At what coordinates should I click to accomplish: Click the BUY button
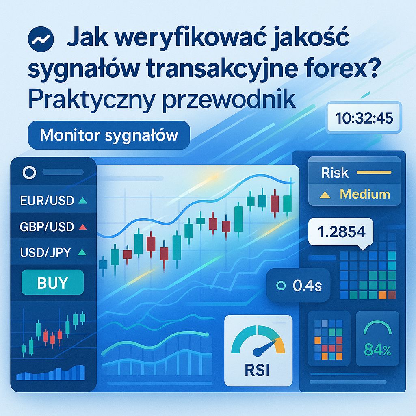[x=52, y=282]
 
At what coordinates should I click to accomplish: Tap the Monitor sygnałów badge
[x=109, y=135]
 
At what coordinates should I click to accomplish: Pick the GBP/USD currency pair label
[x=47, y=227]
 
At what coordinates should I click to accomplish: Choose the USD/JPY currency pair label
[x=45, y=253]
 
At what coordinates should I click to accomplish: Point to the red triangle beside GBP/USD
[x=83, y=227]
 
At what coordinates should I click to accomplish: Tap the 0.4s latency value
[x=307, y=286]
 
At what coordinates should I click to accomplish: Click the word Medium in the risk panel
[x=365, y=194]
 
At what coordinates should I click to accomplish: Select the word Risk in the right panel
[x=335, y=173]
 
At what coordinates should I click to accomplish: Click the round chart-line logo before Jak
[x=40, y=39]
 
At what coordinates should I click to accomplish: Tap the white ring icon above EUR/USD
[x=30, y=173]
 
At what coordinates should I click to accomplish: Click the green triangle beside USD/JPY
[x=82, y=253]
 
